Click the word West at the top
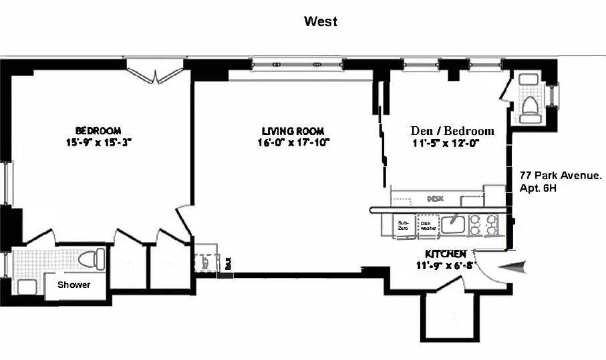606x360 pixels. [x=321, y=21]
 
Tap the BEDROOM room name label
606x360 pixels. [x=98, y=131]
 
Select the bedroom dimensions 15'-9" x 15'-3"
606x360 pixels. [x=98, y=142]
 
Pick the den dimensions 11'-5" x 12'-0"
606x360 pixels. [x=446, y=143]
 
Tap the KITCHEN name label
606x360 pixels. [x=446, y=254]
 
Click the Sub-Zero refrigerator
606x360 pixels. [x=403, y=225]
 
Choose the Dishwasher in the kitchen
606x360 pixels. [x=427, y=225]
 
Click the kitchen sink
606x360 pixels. [x=452, y=224]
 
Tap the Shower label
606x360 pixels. [x=73, y=285]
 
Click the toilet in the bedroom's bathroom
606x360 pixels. [x=90, y=258]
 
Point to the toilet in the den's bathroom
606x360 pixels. [x=531, y=109]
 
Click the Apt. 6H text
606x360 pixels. [x=538, y=188]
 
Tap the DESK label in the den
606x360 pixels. [x=436, y=199]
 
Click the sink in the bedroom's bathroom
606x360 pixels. [x=25, y=287]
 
